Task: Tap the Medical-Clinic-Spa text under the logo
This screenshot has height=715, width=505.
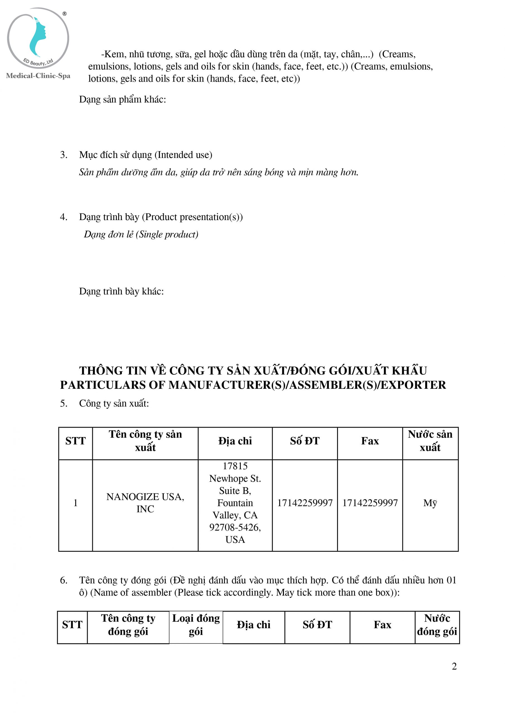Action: (x=38, y=76)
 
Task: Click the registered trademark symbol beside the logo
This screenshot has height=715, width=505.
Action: (x=64, y=14)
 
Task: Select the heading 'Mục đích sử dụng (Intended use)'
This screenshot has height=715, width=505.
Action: (x=145, y=155)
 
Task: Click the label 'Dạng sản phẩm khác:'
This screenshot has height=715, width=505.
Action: (x=122, y=99)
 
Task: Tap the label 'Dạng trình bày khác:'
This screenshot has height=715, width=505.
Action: (x=121, y=291)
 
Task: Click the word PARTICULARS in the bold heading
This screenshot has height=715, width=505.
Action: (x=102, y=385)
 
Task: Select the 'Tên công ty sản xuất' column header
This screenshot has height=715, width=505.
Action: (x=145, y=441)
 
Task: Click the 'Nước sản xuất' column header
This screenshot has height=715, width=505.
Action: (x=430, y=441)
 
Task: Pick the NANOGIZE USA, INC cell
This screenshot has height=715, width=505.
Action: (x=145, y=503)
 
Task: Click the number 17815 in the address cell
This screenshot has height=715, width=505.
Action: (x=235, y=466)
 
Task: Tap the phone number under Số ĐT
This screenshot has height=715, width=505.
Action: (x=305, y=503)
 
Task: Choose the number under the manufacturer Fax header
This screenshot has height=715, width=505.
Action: (x=370, y=503)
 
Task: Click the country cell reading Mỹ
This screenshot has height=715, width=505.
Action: (x=430, y=503)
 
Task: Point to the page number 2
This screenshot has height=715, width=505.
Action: (x=454, y=666)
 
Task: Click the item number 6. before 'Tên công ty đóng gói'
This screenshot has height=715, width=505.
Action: (x=64, y=580)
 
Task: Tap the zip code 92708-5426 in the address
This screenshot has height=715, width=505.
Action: (x=235, y=527)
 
